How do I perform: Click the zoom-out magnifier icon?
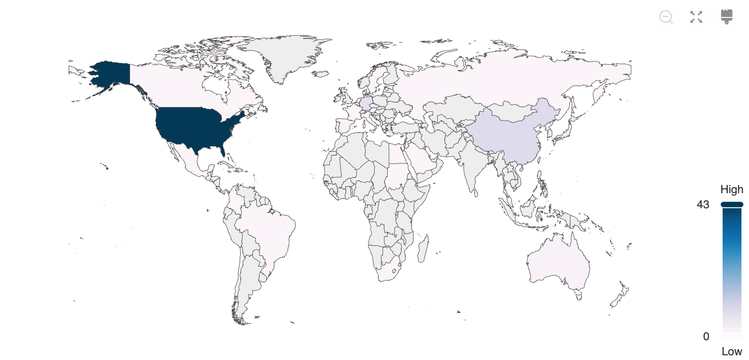pos(666,17)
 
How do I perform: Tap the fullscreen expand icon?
pos(696,17)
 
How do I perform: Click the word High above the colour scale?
pos(732,189)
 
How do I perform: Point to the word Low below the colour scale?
pos(732,352)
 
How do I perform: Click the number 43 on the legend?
pos(703,205)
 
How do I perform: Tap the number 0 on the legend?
pos(706,336)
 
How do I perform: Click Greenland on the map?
pos(283,57)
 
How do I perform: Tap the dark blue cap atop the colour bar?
pos(732,205)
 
